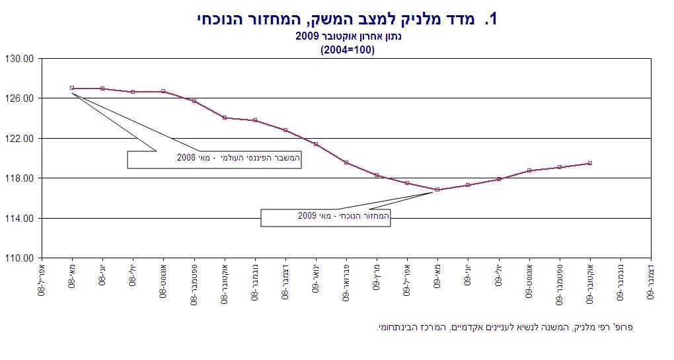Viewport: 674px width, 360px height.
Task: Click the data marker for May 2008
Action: click(x=72, y=88)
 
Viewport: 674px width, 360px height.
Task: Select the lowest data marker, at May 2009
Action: click(x=437, y=190)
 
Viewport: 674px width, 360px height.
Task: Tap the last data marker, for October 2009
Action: click(x=589, y=163)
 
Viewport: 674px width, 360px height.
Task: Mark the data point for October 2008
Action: click(x=225, y=118)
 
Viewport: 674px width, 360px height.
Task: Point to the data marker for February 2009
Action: click(x=346, y=162)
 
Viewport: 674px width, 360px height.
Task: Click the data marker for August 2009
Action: click(x=529, y=170)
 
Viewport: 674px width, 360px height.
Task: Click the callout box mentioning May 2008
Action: click(x=214, y=159)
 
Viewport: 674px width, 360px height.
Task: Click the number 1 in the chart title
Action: click(x=490, y=19)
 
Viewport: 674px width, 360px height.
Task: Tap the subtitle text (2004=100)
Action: click(x=347, y=50)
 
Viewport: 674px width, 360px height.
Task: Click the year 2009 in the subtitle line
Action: click(x=307, y=36)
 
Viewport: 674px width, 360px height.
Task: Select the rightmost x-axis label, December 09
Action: click(x=651, y=281)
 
